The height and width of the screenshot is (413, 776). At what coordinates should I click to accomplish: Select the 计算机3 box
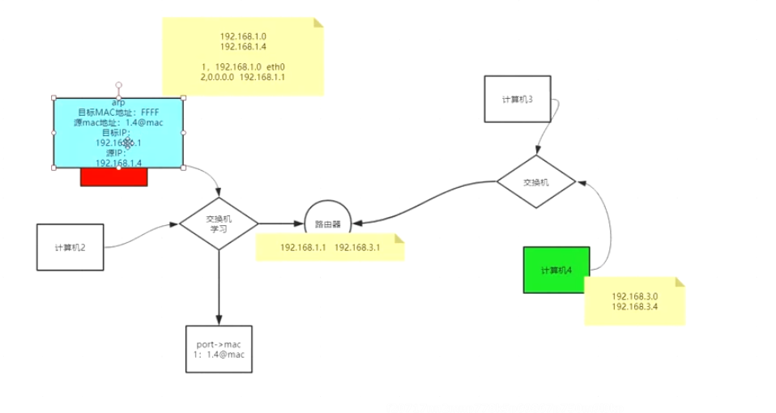(517, 100)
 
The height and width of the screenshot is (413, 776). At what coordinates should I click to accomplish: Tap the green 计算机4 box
(556, 270)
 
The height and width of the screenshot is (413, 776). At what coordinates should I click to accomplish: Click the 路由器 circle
(327, 223)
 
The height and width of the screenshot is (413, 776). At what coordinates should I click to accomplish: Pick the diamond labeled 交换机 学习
(219, 224)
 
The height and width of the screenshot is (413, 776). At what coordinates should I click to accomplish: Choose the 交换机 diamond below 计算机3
(535, 181)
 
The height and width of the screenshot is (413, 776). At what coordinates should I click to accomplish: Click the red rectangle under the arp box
(113, 177)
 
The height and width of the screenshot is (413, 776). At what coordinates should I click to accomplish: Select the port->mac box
(219, 349)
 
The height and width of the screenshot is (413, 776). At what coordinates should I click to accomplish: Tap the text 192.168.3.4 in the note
(635, 307)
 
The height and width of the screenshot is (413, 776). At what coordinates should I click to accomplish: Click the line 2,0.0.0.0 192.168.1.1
(242, 77)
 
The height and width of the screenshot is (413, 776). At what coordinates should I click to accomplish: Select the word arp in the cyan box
(118, 103)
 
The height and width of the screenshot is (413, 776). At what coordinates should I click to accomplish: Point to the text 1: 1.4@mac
(219, 355)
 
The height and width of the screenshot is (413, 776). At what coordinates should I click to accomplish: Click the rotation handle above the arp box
(118, 84)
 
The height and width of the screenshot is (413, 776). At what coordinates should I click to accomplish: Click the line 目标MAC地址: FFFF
(118, 113)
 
